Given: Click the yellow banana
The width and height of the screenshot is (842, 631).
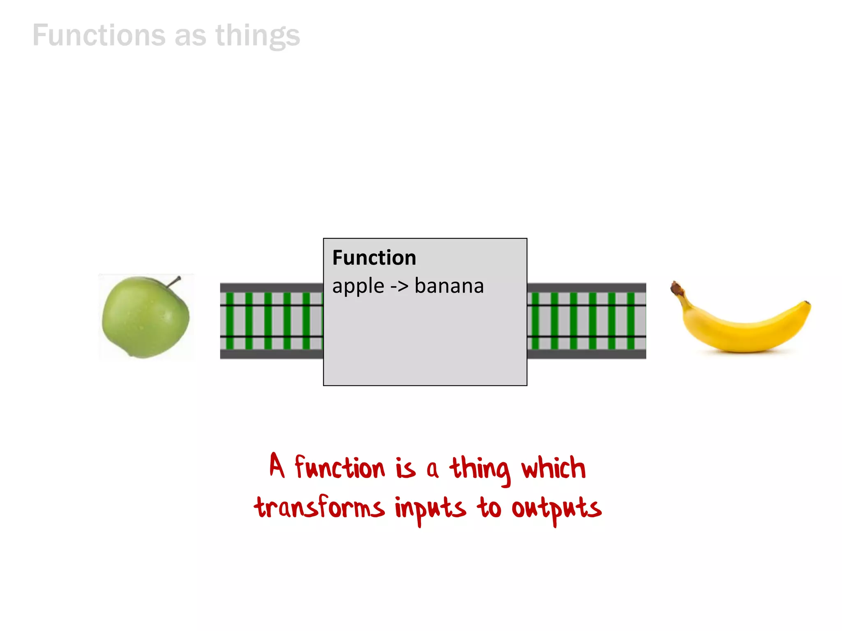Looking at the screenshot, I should [x=740, y=325].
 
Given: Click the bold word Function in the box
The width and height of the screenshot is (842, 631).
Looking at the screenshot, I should [x=374, y=258].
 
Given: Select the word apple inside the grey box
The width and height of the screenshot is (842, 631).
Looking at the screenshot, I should [x=358, y=286].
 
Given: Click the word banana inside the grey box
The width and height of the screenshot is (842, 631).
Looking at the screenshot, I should [x=449, y=286].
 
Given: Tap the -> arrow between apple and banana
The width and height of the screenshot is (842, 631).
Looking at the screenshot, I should [x=399, y=286].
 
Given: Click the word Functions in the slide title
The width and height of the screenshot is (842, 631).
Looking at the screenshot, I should [x=99, y=35].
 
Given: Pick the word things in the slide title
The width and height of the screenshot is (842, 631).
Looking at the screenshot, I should [x=258, y=36].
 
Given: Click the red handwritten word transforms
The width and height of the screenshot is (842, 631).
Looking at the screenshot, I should [x=319, y=508].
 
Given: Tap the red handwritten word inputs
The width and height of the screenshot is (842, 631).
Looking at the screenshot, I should [x=430, y=509].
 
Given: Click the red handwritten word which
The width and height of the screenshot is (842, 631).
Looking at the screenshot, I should [x=553, y=468].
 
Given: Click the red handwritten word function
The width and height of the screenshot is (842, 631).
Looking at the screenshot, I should [x=340, y=468].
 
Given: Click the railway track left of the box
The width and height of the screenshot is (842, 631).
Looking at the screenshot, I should [x=271, y=321].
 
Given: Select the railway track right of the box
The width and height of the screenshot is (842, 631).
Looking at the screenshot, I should [x=586, y=321].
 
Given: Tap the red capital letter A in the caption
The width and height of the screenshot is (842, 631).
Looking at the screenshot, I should [x=277, y=466].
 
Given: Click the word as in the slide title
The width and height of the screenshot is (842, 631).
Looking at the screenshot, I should [x=190, y=36].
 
